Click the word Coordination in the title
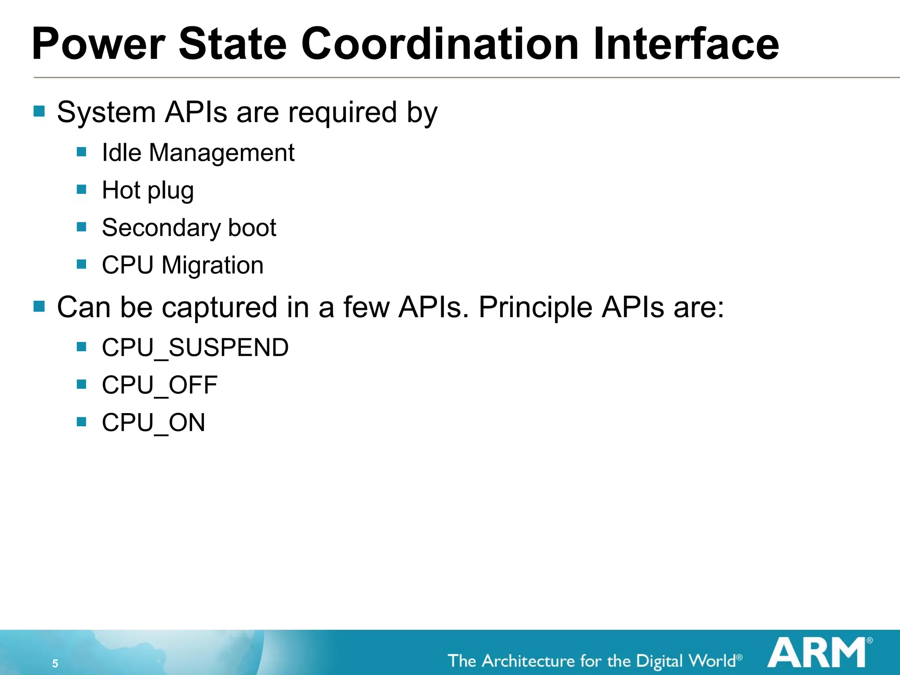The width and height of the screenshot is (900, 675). [439, 44]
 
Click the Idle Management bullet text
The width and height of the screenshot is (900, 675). [198, 153]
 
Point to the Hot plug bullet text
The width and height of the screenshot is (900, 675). [148, 191]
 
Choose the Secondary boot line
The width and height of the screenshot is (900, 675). [189, 228]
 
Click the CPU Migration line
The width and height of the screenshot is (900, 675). [182, 265]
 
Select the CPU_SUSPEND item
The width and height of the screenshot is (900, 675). [195, 348]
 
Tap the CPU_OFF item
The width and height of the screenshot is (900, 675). [160, 385]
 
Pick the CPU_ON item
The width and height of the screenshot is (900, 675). [153, 423]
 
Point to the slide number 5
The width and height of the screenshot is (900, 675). [55, 664]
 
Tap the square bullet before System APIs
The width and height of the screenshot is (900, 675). [39, 111]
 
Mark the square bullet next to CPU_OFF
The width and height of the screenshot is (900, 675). [81, 385]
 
